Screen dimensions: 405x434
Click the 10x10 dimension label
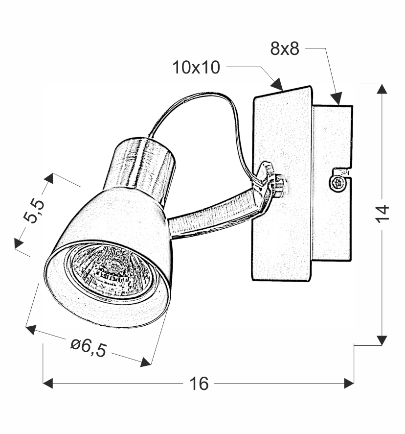[x=196, y=67]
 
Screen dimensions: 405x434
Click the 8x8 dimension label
[x=285, y=48]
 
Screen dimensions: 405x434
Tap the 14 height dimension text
[x=382, y=214]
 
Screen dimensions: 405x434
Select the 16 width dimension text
[x=199, y=384]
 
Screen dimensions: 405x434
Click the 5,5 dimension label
[x=34, y=211]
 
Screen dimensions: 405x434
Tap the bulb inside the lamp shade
[x=110, y=271]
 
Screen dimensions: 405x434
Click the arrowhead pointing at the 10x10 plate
[x=277, y=84]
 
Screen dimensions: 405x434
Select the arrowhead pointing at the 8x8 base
[x=337, y=98]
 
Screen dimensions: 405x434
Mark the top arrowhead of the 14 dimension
[x=382, y=89]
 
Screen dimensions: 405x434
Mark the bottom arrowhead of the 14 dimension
[x=382, y=340]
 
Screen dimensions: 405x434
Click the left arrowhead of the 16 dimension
[x=48, y=384]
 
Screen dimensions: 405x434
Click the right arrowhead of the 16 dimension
[x=349, y=384]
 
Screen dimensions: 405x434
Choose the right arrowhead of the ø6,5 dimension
[x=146, y=362]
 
